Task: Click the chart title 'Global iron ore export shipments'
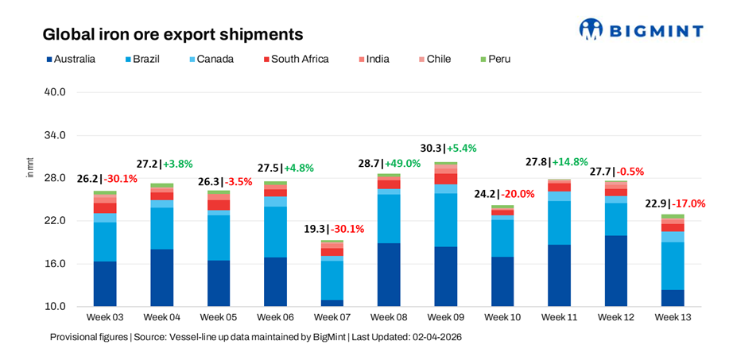coord(173,35)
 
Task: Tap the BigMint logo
coord(641,30)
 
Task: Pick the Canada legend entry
coord(209,59)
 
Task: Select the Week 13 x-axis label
coord(673,318)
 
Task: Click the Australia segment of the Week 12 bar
coord(615,270)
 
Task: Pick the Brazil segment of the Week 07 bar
coord(332,280)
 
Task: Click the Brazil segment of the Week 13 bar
coord(673,266)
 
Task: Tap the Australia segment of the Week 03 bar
coord(105,284)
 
